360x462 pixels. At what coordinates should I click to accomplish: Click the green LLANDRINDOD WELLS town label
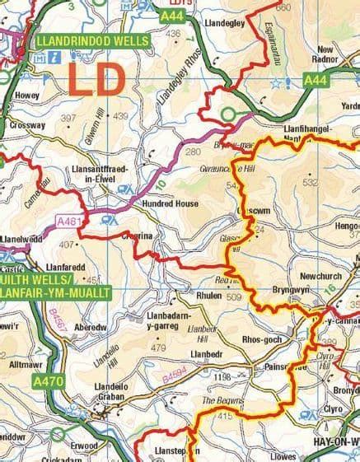(91, 40)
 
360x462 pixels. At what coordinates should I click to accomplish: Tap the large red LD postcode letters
(96, 81)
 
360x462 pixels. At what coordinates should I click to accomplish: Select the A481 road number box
(72, 221)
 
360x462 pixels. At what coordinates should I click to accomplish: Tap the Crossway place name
(27, 126)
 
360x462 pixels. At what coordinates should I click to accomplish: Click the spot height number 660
(283, 7)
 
